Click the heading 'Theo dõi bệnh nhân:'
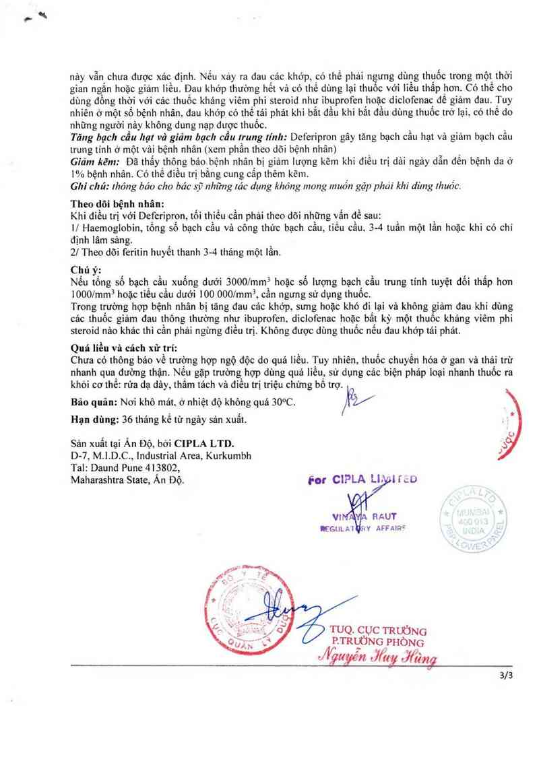(x=117, y=204)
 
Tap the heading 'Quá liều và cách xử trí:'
(x=129, y=348)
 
